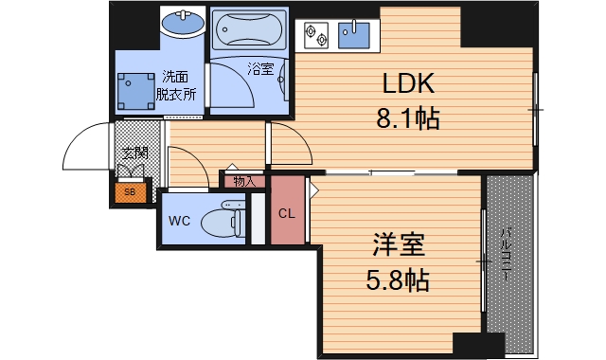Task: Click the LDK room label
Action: tap(408, 85)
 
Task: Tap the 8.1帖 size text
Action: tap(408, 120)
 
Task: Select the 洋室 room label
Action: tap(397, 246)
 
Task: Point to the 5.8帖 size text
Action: tap(397, 280)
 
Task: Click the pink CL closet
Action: tap(286, 212)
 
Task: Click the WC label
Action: tap(179, 222)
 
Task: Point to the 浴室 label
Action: tap(259, 68)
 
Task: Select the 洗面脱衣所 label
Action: tap(177, 85)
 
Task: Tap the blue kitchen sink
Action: tap(355, 36)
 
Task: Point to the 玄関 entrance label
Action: tap(133, 151)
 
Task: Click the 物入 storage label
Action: tap(242, 180)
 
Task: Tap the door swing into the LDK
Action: tap(289, 142)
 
